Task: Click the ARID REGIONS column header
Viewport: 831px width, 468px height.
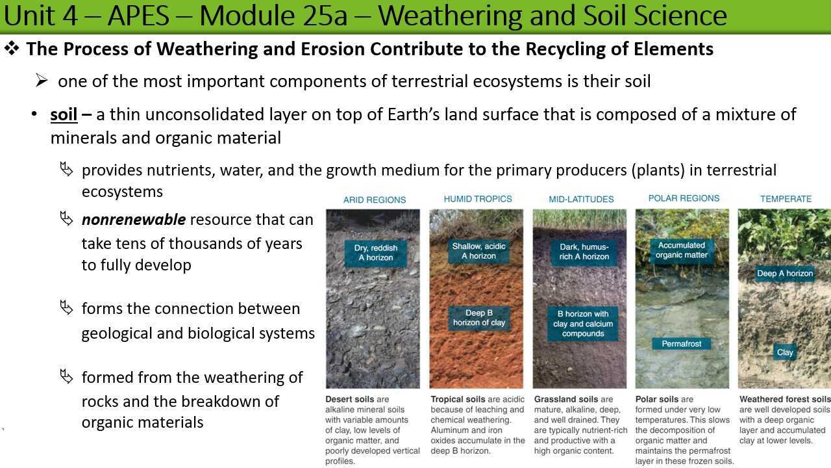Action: [375, 200]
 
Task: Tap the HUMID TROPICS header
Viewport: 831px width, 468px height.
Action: [478, 199]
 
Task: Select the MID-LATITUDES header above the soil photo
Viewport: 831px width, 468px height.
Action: [581, 200]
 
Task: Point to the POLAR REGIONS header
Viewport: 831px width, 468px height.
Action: [684, 198]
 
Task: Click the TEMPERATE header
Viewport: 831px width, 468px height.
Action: [786, 199]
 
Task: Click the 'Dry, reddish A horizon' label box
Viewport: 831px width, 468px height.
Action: [376, 253]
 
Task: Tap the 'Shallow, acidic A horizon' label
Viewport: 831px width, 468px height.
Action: [479, 251]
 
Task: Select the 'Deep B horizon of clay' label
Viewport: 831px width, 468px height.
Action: [479, 318]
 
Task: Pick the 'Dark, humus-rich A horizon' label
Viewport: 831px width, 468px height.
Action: [584, 252]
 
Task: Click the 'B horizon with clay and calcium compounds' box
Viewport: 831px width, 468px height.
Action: [583, 324]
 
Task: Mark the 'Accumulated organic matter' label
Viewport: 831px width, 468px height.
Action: [682, 250]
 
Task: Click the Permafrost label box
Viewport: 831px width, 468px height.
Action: [682, 344]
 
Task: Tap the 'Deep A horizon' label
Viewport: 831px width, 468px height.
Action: [785, 274]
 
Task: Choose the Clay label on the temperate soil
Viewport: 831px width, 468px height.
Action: [785, 352]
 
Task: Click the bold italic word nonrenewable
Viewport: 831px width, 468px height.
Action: [134, 220]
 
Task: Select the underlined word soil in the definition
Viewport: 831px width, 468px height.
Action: [64, 115]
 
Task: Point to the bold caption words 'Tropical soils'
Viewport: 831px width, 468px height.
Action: [457, 399]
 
